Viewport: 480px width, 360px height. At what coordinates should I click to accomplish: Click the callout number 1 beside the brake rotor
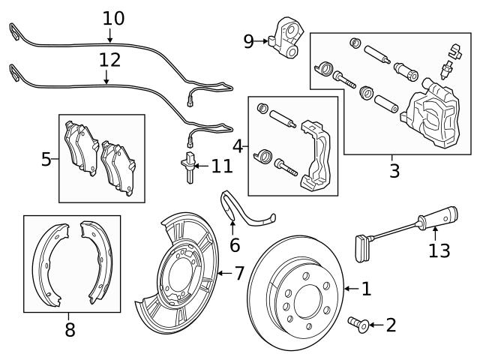click(x=366, y=288)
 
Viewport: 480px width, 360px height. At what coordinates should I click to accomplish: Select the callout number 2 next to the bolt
click(x=390, y=325)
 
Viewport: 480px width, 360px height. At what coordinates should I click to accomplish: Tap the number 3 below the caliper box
click(x=394, y=171)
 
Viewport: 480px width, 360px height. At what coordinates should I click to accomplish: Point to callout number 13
click(x=439, y=250)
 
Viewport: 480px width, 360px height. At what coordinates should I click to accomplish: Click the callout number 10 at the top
click(x=113, y=16)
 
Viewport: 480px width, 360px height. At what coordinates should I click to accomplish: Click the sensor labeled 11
click(x=189, y=165)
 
